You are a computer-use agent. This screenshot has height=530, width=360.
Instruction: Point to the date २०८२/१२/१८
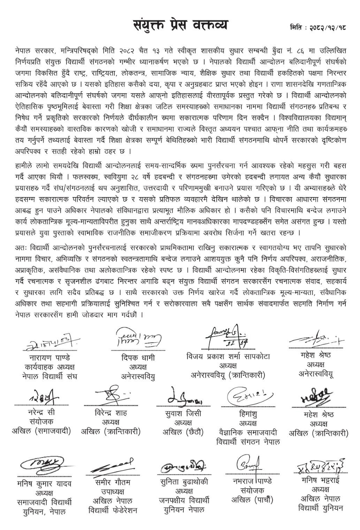326,27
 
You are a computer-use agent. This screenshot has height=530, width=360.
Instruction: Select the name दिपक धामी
138,358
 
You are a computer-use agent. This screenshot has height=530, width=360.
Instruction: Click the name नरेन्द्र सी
41,412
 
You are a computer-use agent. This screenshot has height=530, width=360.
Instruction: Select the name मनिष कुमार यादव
44,484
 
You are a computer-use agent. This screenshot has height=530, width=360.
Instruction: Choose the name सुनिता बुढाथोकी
184,482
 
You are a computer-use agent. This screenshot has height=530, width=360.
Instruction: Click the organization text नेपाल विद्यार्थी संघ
48,376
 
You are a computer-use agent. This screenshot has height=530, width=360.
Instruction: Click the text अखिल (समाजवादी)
41,431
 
